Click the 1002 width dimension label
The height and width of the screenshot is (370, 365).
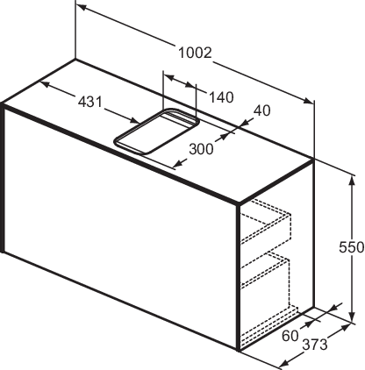[x=195, y=53]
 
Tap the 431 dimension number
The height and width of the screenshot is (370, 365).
[x=90, y=102]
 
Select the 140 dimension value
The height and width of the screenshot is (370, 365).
[x=221, y=97]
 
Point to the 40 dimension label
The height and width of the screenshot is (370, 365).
[x=262, y=110]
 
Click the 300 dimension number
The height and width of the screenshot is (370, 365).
[x=202, y=149]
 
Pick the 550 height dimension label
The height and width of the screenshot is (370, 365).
[x=352, y=247]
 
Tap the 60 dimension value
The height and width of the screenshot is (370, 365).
[x=290, y=336]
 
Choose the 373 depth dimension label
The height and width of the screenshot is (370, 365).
[x=315, y=345]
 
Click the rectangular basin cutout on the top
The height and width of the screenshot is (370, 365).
[x=157, y=131]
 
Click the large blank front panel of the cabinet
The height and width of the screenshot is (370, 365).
[x=120, y=228]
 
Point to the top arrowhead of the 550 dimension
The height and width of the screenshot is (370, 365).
[x=353, y=181]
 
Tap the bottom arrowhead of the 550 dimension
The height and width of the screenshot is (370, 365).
[x=353, y=317]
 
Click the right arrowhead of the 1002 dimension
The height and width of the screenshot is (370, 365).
[x=308, y=101]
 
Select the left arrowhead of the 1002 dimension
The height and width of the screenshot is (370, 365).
[x=82, y=7]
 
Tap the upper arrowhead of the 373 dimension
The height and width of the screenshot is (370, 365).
[x=345, y=328]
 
